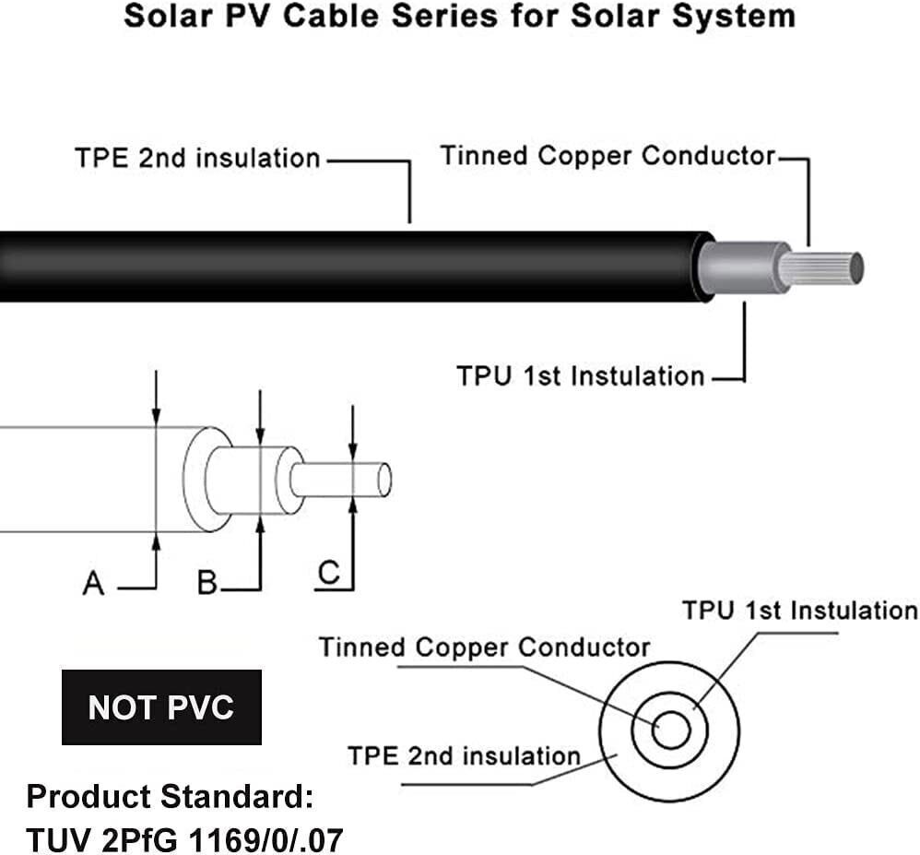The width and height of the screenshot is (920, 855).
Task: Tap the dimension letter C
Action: (x=328, y=574)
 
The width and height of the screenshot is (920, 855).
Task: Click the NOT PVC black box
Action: (x=161, y=707)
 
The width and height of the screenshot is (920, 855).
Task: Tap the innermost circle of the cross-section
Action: (x=670, y=731)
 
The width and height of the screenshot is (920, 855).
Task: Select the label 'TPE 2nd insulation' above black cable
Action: (x=197, y=159)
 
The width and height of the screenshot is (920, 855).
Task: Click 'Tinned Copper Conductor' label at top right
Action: (x=608, y=155)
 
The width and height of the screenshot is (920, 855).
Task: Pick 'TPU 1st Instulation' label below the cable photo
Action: (x=581, y=376)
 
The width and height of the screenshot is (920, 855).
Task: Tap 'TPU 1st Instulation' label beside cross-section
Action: (x=799, y=611)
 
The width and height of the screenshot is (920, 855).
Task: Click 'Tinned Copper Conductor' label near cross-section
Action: (x=485, y=647)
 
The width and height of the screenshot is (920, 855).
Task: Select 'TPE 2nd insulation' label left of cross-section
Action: (x=464, y=756)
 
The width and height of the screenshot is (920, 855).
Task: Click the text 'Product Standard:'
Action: (x=170, y=794)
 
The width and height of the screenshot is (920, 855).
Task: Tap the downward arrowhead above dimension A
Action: (x=157, y=417)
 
